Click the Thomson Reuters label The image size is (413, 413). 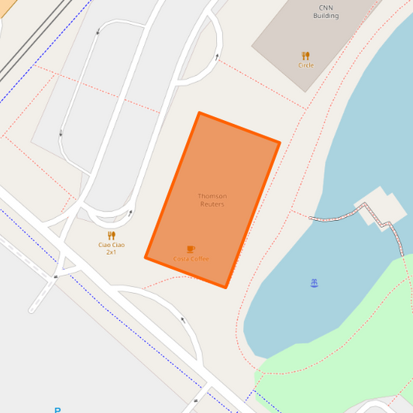(x=212, y=200)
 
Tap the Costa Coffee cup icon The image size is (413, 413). (x=191, y=249)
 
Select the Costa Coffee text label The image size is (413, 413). (x=191, y=259)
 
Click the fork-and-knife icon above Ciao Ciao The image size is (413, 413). (x=112, y=235)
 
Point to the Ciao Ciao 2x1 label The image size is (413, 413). (x=112, y=248)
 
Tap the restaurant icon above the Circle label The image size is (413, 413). (x=305, y=56)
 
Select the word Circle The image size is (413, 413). (x=306, y=65)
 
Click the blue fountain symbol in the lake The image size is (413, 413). (x=314, y=284)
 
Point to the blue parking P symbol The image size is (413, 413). (x=57, y=410)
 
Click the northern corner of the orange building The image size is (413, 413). (x=199, y=113)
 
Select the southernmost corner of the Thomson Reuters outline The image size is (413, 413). (x=225, y=287)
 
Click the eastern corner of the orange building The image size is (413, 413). (x=279, y=143)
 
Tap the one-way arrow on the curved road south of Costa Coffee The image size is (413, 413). (x=183, y=318)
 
